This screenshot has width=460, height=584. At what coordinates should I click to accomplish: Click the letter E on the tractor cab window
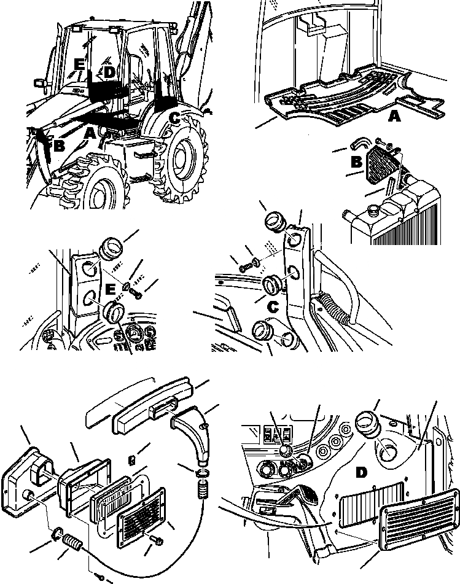[78, 64]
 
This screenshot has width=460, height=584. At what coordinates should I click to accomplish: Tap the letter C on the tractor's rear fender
[175, 118]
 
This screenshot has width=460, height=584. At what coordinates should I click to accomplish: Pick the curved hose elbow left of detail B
[359, 145]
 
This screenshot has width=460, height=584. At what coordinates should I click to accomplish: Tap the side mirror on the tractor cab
[39, 82]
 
